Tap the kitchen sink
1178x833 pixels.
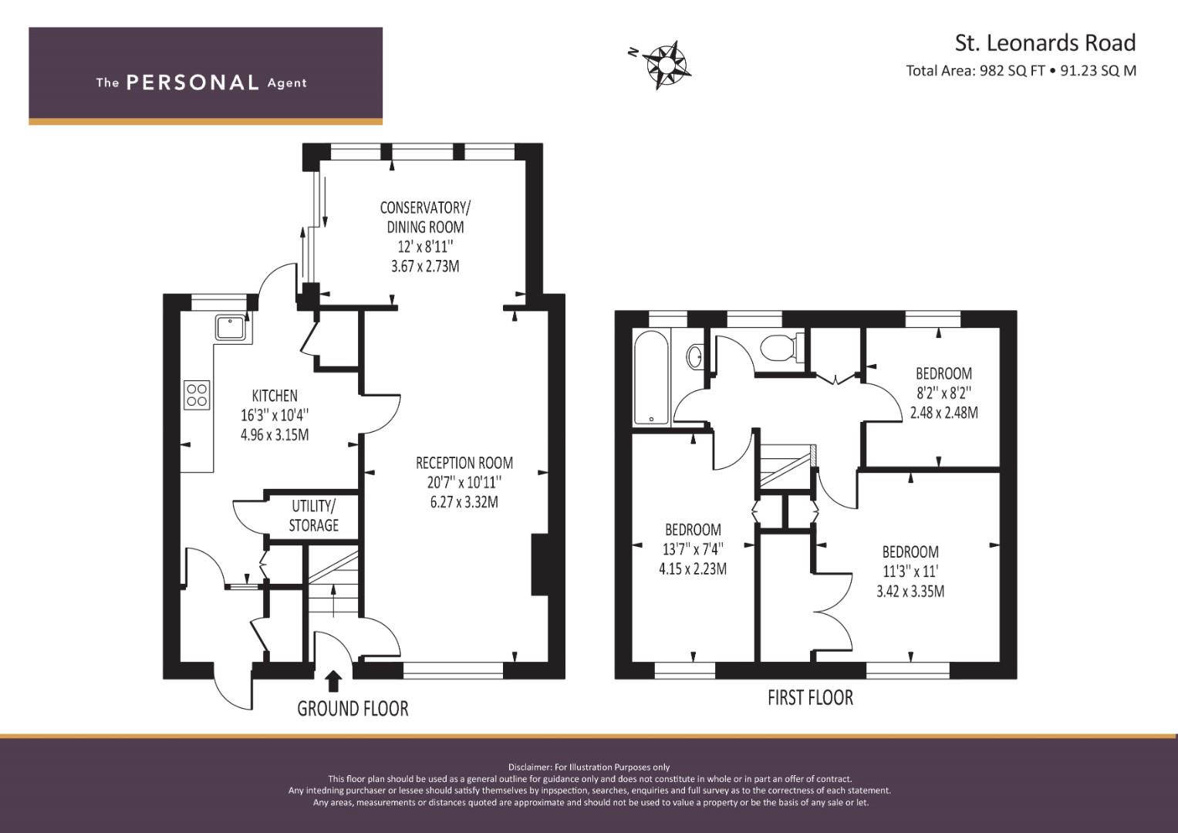231,328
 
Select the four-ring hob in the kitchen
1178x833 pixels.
197,395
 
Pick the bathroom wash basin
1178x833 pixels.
695,356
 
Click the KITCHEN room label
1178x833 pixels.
275,396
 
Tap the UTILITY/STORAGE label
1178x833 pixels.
313,516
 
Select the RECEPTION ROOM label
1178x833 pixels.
464,463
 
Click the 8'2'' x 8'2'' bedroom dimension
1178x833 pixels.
944,393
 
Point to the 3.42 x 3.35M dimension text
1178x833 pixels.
910,592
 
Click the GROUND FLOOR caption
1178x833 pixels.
353,709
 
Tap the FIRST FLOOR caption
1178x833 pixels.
810,698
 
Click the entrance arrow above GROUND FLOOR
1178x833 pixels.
333,682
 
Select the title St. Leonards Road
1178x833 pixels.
1045,42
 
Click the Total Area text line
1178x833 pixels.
1021,70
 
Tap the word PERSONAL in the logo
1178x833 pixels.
193,83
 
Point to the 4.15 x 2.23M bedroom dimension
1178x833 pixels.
693,569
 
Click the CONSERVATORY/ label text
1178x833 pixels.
425,207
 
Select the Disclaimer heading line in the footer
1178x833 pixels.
589,767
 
